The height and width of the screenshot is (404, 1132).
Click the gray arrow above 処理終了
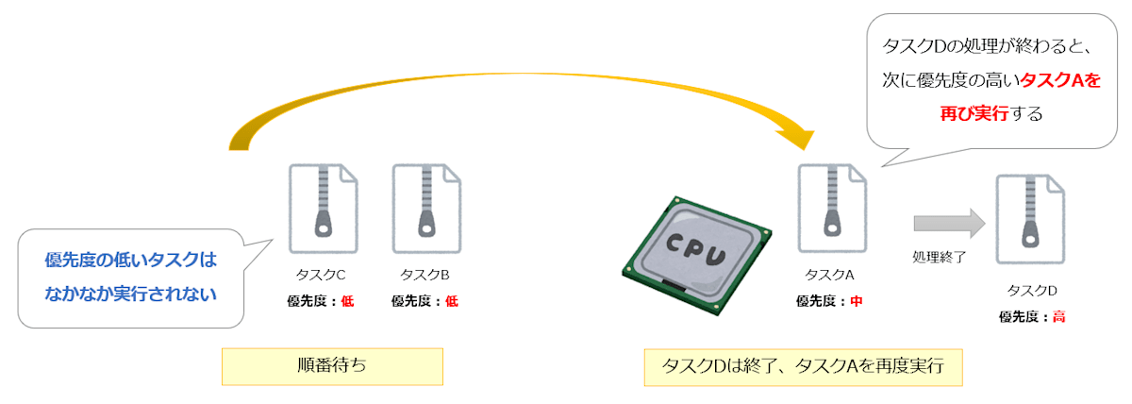(x=948, y=224)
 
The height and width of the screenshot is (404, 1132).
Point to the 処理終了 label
(x=940, y=256)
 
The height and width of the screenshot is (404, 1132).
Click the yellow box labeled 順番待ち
(x=332, y=366)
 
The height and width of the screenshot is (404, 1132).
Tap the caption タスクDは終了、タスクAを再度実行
(x=803, y=366)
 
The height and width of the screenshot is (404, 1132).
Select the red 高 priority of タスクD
(x=1059, y=316)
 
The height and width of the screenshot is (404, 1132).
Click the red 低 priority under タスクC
(x=347, y=301)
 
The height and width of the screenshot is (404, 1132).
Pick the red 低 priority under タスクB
(x=452, y=301)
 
